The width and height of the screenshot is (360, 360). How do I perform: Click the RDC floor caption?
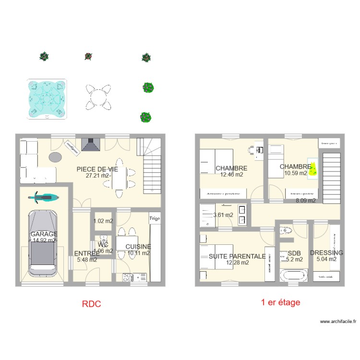coord(91,304)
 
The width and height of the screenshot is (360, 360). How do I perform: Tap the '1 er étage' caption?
coord(280,302)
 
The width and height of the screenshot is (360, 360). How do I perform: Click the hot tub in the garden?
coord(47,98)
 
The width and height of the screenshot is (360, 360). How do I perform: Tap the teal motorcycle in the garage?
coord(44,196)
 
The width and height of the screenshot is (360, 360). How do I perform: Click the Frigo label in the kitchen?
coord(154,218)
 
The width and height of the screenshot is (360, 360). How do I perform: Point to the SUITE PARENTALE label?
coord(237,256)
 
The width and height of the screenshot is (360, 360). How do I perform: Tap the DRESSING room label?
coord(326,252)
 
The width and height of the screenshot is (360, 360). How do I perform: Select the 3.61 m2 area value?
coord(223,215)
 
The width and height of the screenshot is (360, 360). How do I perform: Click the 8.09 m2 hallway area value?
coord(306,201)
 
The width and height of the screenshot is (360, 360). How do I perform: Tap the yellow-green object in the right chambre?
coord(313,169)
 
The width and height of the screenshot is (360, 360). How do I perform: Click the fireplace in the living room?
coord(90,144)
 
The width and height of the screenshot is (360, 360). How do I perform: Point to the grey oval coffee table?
coord(55,157)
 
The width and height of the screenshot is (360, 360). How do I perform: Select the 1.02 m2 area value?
coord(103,221)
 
